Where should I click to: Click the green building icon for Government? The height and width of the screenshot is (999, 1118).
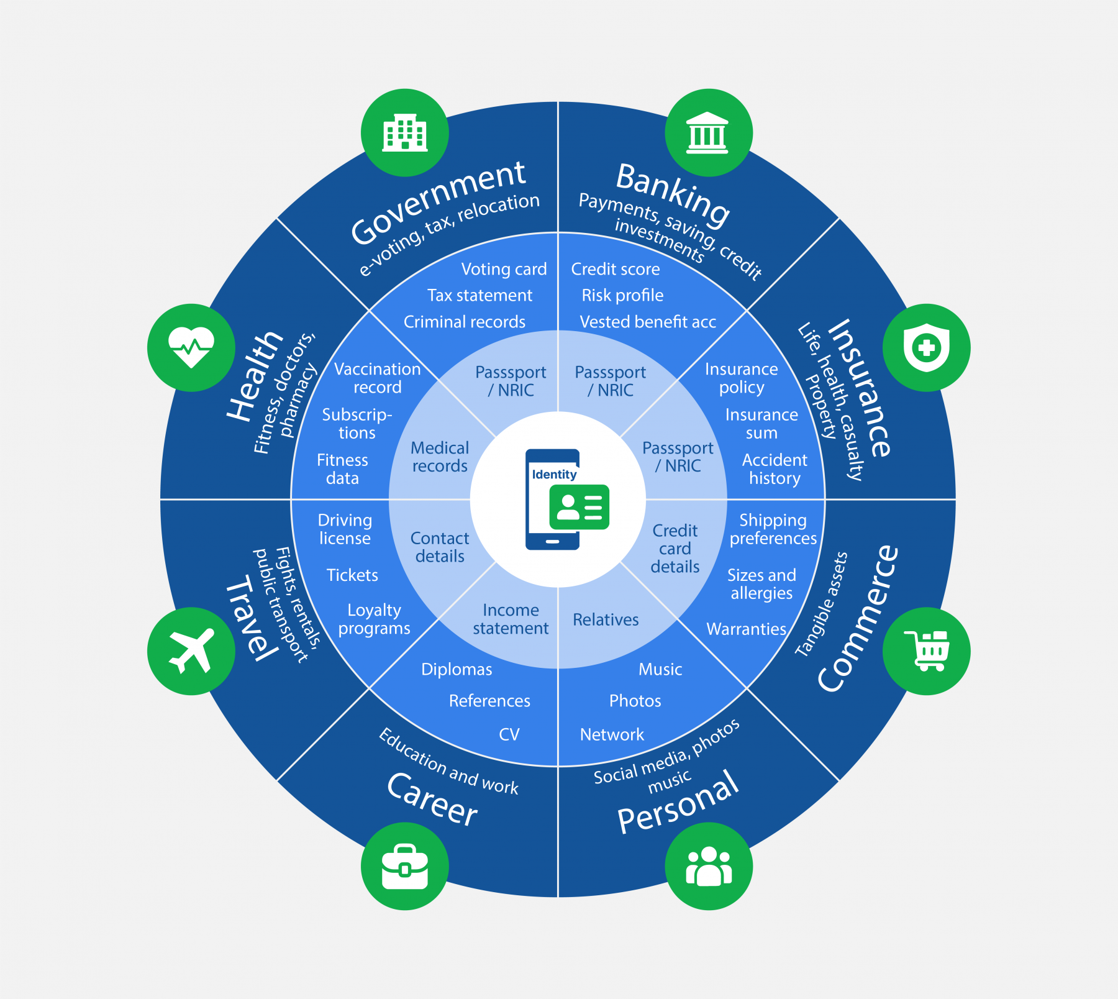[x=405, y=133]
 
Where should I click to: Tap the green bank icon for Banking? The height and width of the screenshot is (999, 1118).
[x=708, y=133]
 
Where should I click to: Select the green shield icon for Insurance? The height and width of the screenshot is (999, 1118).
[x=926, y=347]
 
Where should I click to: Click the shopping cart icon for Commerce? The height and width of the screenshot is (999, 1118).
[x=926, y=650]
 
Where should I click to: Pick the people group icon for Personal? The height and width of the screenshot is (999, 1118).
[x=708, y=865]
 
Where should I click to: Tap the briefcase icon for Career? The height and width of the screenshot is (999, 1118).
[x=405, y=865]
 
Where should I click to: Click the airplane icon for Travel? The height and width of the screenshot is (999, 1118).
[x=191, y=650]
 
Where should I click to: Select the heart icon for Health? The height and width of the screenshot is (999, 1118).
[x=191, y=347]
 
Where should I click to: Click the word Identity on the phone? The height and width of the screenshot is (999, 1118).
[x=554, y=475]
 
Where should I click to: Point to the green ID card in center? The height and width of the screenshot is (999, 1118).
[x=579, y=507]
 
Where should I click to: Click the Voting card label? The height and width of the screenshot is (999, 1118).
[x=504, y=269]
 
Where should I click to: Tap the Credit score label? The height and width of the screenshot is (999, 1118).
[x=616, y=269]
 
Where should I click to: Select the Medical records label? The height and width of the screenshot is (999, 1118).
[x=440, y=457]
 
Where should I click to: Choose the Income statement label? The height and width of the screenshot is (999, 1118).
[x=511, y=619]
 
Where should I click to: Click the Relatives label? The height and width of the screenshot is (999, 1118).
[x=606, y=619]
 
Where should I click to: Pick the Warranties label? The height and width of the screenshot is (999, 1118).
[x=746, y=629]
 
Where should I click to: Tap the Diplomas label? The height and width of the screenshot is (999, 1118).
[x=457, y=669]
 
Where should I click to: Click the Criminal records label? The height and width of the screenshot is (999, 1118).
[x=465, y=322]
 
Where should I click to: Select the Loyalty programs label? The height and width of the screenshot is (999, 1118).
[x=374, y=619]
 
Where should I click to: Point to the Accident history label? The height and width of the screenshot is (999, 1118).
[x=775, y=469]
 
